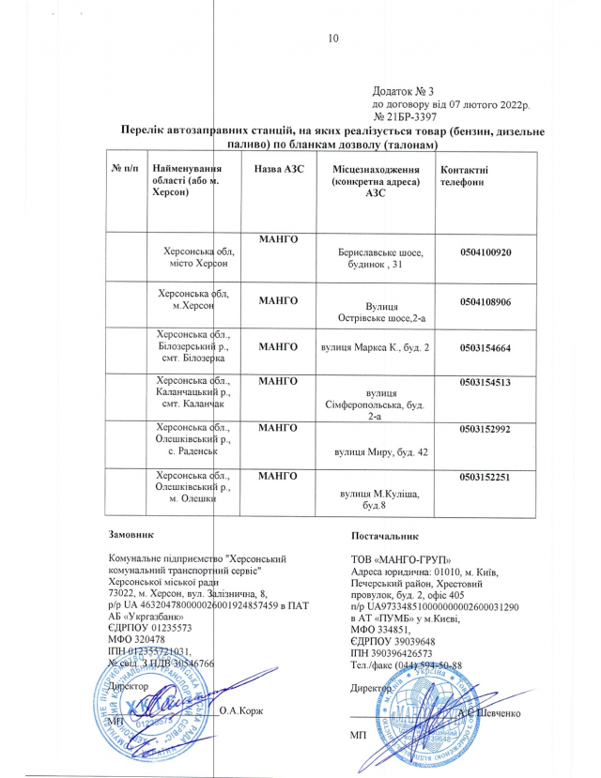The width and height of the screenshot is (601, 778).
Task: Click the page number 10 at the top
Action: coord(331,38)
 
